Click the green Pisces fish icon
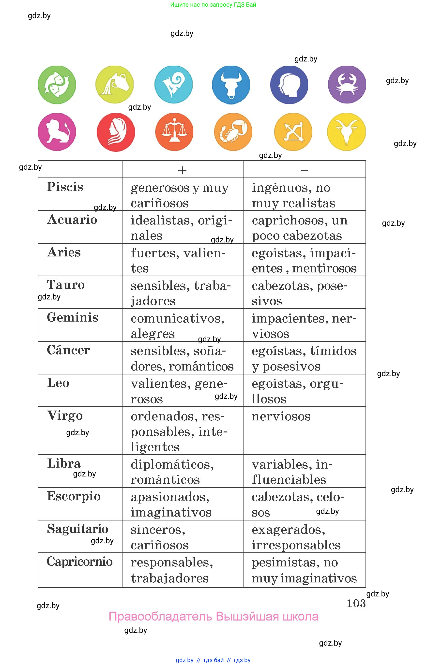click(57, 85)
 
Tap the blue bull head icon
click(231, 85)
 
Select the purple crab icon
click(347, 85)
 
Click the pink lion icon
click(57, 132)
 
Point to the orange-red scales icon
click(174, 132)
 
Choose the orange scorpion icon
click(233, 132)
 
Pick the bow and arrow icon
click(293, 132)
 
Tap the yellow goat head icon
click(346, 132)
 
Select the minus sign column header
click(304, 170)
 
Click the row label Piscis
click(65, 187)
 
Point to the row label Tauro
click(66, 285)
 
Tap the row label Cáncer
click(68, 350)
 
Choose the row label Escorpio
click(74, 496)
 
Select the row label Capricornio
click(80, 562)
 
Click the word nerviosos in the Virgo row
click(281, 416)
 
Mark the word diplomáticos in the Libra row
click(172, 464)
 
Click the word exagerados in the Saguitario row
click(288, 530)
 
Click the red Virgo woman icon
click(116, 132)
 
